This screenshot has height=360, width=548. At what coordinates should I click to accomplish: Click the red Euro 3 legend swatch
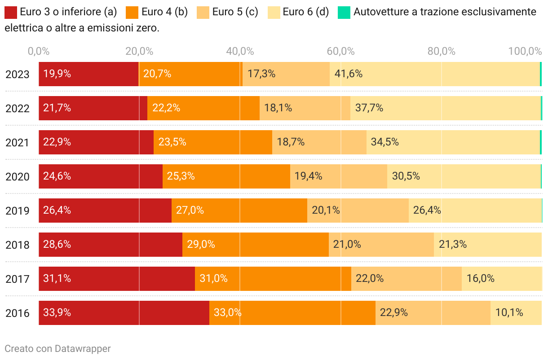[11, 12]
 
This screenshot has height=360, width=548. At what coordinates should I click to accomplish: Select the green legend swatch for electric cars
[344, 12]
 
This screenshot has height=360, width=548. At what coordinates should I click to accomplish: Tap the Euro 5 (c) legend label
[235, 12]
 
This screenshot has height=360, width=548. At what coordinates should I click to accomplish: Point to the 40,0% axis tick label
[240, 51]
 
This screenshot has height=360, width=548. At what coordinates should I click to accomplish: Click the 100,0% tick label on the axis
[525, 51]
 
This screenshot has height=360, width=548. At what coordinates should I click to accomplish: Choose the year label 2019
[18, 211]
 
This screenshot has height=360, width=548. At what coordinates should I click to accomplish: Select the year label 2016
[18, 313]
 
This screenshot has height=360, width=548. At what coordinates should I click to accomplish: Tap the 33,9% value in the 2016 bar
[57, 312]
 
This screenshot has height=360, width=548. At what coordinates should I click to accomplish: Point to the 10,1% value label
[509, 312]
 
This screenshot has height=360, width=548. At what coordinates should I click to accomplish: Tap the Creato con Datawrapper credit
[57, 348]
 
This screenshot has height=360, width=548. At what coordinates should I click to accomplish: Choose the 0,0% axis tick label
[39, 51]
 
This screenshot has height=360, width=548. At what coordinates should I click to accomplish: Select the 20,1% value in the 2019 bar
[326, 210]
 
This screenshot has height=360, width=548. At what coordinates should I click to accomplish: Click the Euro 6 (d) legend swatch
[274, 12]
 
